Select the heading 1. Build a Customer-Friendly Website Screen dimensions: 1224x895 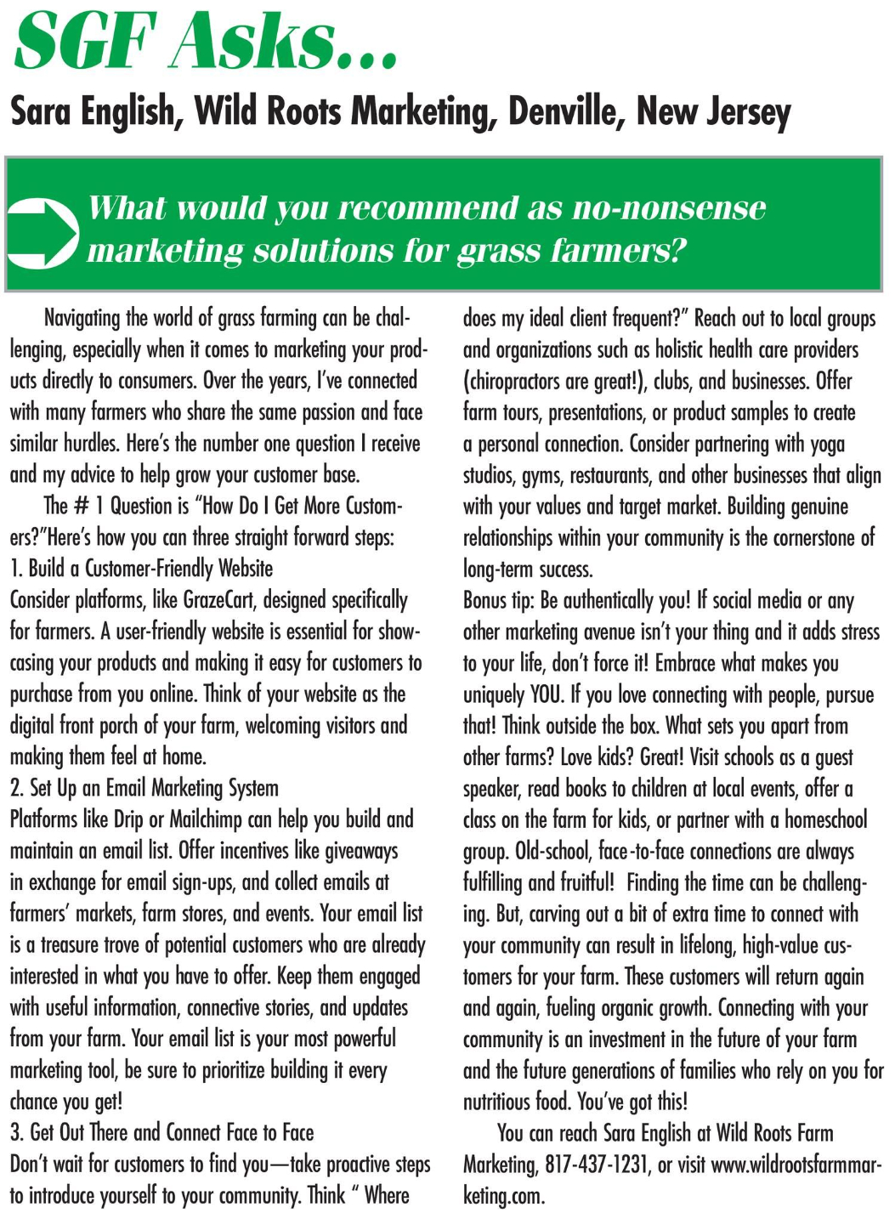(142, 568)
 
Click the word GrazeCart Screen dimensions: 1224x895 (204, 600)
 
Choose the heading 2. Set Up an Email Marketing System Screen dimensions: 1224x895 (144, 788)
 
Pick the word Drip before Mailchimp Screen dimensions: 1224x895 (128, 819)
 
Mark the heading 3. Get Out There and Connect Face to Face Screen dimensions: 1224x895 (162, 1132)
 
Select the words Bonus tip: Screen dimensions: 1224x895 (498, 600)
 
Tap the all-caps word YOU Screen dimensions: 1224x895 (547, 694)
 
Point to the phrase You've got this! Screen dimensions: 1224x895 (632, 1102)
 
